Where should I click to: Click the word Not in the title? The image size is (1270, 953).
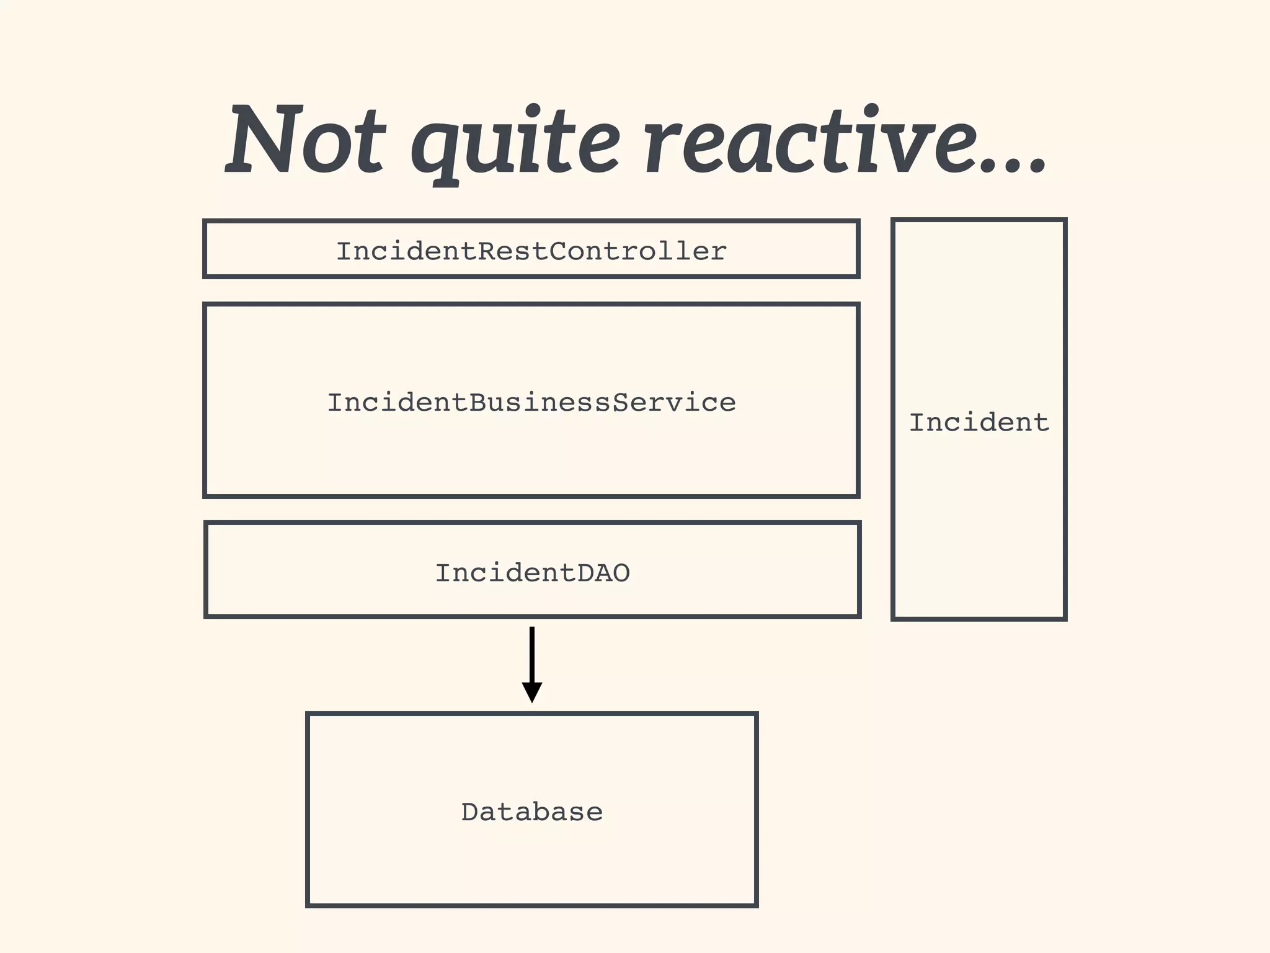tap(306, 140)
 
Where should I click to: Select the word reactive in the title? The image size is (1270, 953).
tap(806, 140)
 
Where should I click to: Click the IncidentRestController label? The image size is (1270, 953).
tap(531, 251)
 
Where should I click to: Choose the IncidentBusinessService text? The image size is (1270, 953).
tap(531, 403)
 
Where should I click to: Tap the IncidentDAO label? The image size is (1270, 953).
tap(532, 573)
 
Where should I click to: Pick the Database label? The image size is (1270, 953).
tap(531, 812)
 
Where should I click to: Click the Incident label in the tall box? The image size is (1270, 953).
tap(979, 423)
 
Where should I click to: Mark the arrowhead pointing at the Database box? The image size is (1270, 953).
tap(532, 691)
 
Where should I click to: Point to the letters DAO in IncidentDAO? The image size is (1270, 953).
tap(603, 573)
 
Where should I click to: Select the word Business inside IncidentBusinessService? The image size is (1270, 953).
tap(540, 403)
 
